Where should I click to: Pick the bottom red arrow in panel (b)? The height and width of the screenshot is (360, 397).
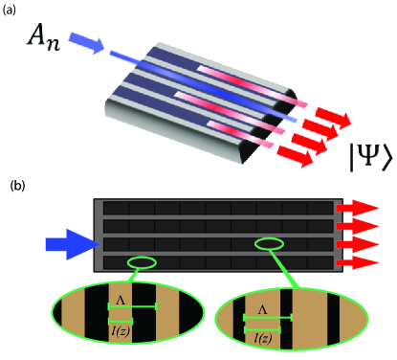[356, 262]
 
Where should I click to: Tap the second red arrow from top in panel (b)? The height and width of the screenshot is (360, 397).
[358, 226]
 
